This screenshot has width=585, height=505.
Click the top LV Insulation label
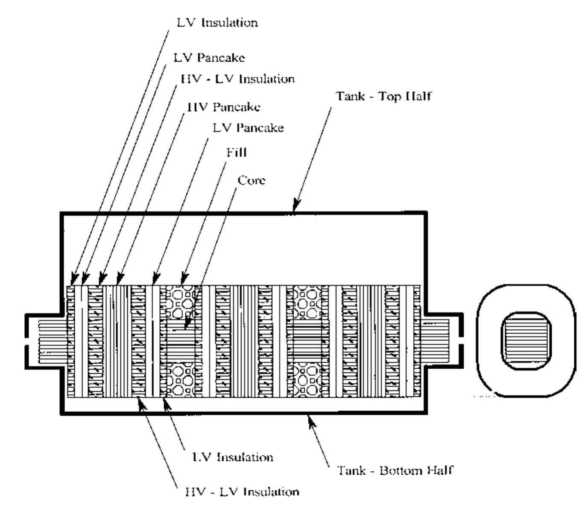pos(217,22)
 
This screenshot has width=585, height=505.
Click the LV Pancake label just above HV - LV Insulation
pos(209,57)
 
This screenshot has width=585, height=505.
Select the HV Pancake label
pos(224,106)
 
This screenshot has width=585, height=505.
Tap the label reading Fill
pos(237,152)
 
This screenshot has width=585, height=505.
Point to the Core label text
pos(252,180)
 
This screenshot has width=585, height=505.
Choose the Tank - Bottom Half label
pos(395,470)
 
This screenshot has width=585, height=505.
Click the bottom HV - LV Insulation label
pos(242,492)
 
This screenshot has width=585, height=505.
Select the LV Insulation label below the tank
pos(233,457)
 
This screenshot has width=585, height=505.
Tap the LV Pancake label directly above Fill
pos(248,127)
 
